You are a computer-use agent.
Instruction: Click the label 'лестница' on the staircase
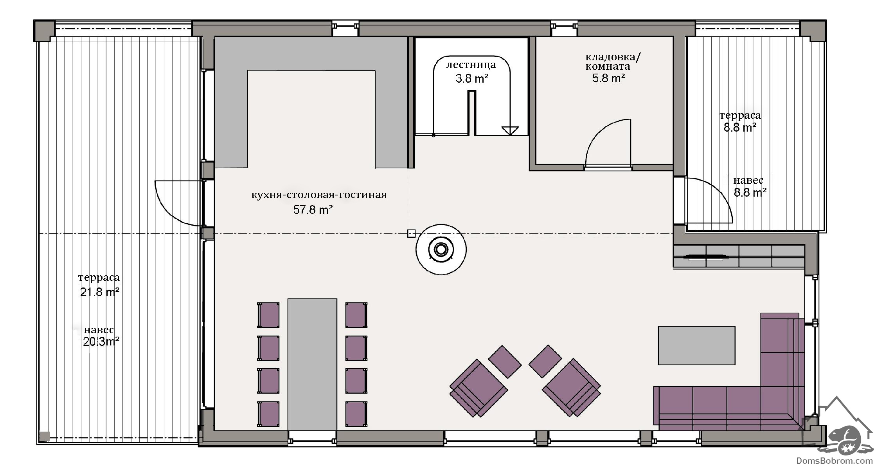(471, 65)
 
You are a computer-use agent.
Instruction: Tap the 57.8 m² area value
(313, 210)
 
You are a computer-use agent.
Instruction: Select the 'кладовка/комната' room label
(613, 61)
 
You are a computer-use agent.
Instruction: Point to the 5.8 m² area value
(608, 78)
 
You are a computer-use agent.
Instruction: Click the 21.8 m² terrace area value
(100, 292)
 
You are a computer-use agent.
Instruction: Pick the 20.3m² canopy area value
(101, 342)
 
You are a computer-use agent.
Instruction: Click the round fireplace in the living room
(441, 249)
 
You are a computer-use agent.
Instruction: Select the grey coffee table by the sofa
(696, 345)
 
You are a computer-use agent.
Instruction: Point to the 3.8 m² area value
(472, 79)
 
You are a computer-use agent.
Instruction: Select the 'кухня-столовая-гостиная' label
(319, 195)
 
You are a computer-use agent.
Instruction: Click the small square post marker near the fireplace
(411, 233)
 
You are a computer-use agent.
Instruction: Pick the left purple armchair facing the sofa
(478, 388)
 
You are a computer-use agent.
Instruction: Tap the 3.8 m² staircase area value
(472, 79)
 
